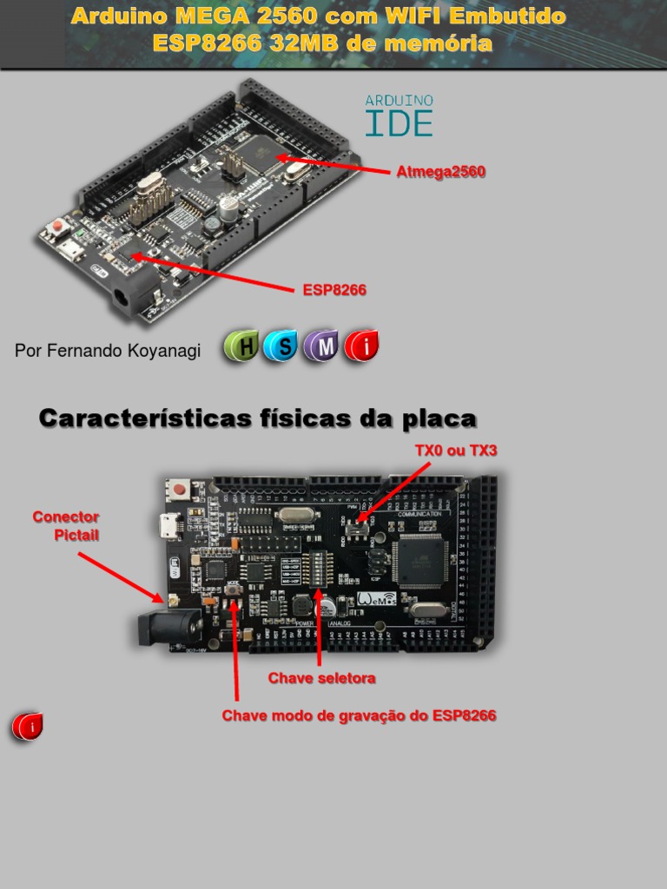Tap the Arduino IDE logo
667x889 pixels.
point(399,116)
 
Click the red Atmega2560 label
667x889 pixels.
point(440,172)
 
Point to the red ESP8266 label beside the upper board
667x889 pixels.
point(334,290)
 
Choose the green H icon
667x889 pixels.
point(241,346)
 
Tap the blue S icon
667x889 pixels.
point(281,346)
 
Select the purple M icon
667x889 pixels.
point(322,346)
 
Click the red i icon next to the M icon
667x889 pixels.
point(362,346)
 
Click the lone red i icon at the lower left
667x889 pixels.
point(27,727)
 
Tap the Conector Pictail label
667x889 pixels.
point(67,526)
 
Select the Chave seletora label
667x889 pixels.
point(321,678)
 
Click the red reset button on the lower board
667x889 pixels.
point(180,489)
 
